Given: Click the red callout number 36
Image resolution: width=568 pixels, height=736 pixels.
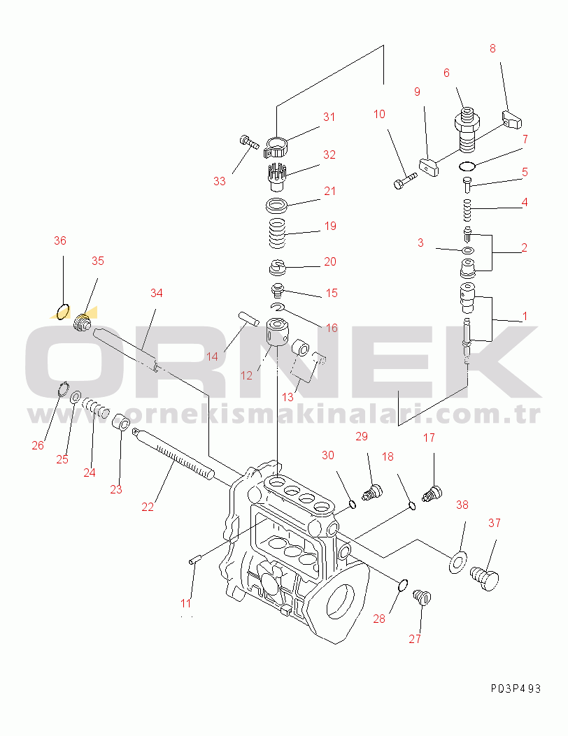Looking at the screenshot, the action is (59, 241).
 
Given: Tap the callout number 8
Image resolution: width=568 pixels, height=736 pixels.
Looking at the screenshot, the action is (492, 48).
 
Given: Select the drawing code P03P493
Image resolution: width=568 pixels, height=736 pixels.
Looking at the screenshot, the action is (516, 688).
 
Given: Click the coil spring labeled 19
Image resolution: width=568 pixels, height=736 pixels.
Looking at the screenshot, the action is (277, 233).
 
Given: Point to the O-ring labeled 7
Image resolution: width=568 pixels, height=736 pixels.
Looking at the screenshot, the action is (467, 166).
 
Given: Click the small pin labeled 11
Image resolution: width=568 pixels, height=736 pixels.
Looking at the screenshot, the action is (195, 560).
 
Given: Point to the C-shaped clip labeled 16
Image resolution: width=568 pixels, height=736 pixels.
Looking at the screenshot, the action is (278, 308).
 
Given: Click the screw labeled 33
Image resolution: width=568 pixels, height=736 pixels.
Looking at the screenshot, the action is (249, 142).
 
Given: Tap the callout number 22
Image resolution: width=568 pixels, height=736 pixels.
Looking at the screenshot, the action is (148, 507).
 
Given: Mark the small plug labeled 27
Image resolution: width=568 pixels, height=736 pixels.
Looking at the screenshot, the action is (422, 597).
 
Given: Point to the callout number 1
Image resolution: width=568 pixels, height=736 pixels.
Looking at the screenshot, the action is (525, 317).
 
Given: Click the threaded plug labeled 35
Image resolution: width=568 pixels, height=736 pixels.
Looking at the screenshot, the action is (83, 322).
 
